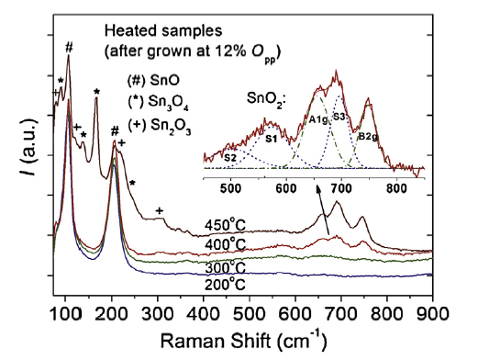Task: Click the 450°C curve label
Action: tap(225, 223)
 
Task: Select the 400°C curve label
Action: tap(225, 243)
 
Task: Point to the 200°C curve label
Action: tap(225, 284)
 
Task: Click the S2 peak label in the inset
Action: tap(230, 159)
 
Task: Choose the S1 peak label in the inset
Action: tap(272, 139)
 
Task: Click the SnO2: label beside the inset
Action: tap(269, 96)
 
